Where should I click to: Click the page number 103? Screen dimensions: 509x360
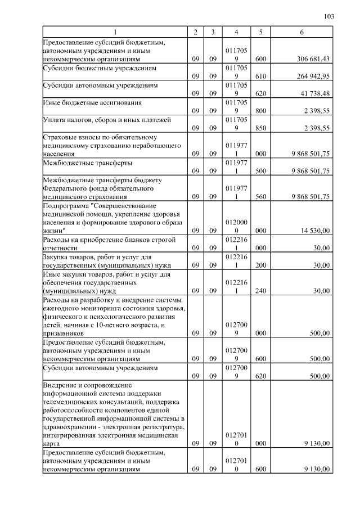329,16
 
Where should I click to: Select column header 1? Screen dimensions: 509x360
115,32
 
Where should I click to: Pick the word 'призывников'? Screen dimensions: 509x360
63,334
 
